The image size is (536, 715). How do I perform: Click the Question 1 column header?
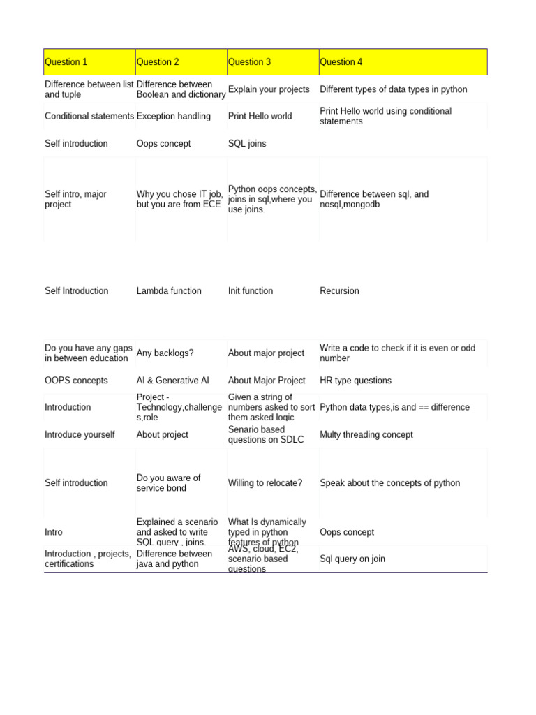[66, 62]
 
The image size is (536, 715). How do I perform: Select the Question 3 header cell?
[249, 62]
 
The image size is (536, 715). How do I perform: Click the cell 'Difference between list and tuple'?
[89, 89]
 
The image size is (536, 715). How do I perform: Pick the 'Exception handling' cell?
[174, 116]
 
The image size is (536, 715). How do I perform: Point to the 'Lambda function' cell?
[169, 290]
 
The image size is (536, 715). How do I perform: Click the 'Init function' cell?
[251, 290]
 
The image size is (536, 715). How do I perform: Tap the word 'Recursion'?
[339, 290]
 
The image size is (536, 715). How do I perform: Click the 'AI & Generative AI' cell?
[172, 381]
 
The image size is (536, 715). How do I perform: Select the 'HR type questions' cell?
[355, 381]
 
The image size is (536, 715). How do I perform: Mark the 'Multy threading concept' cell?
[366, 434]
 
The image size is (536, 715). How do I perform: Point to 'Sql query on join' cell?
[352, 559]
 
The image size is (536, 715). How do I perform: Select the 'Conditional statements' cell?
[89, 116]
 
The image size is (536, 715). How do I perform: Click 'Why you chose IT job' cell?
[180, 199]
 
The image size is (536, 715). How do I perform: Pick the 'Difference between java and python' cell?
[174, 559]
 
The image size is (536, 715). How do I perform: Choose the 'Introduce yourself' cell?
[80, 434]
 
